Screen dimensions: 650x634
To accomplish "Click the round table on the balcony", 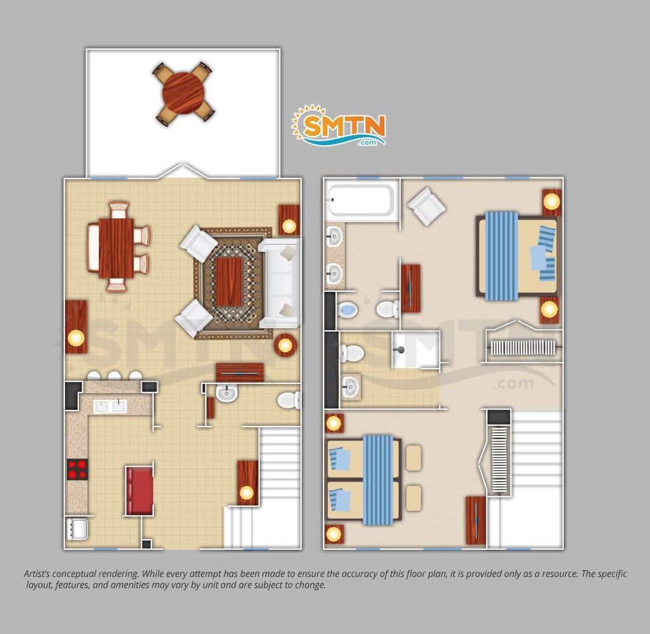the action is pyautogui.click(x=183, y=93).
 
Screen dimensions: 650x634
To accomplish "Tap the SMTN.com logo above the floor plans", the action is pyautogui.click(x=339, y=125).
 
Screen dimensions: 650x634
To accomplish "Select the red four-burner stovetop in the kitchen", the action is pyautogui.click(x=78, y=469).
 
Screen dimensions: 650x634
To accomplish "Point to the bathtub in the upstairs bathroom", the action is pyautogui.click(x=361, y=200).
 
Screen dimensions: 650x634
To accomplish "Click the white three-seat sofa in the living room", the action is pyautogui.click(x=280, y=283).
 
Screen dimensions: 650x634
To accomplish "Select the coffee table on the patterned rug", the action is pyautogui.click(x=228, y=282).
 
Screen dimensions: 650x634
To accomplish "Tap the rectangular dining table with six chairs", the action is pyautogui.click(x=116, y=248).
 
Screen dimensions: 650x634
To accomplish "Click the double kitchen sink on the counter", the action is pyautogui.click(x=110, y=407).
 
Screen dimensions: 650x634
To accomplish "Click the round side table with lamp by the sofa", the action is pyautogui.click(x=285, y=345).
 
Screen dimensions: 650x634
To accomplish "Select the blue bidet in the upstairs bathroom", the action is pyautogui.click(x=348, y=310).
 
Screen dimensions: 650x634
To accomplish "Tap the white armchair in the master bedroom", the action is pyautogui.click(x=426, y=206).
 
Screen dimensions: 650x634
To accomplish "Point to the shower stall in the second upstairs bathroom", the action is pyautogui.click(x=416, y=349).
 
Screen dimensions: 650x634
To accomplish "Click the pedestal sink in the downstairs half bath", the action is pyautogui.click(x=226, y=393).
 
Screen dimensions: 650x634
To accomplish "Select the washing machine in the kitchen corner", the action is pyautogui.click(x=77, y=529).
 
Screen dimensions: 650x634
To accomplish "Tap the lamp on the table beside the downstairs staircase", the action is pyautogui.click(x=247, y=493).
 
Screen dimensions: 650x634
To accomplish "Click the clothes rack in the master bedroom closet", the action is pyautogui.click(x=523, y=348).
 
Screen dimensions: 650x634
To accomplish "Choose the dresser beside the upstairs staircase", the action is pyautogui.click(x=476, y=521).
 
